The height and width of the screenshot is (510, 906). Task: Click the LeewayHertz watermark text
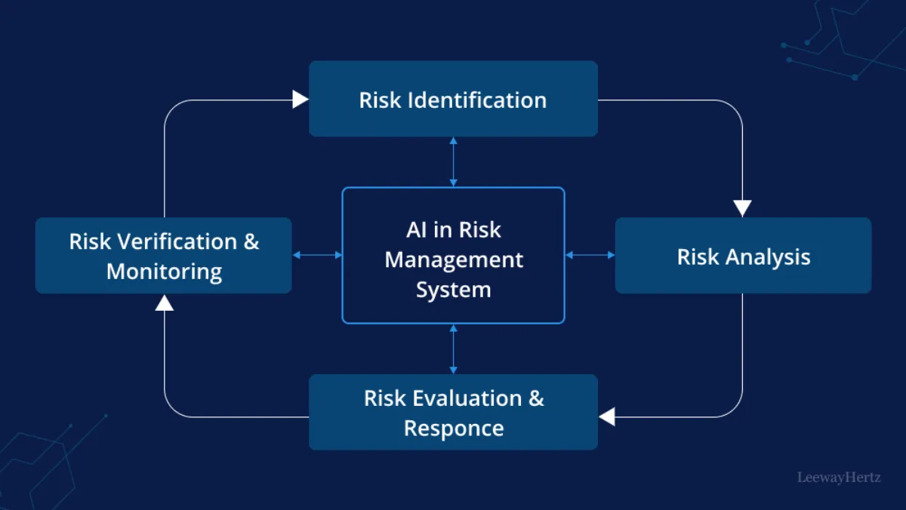(838, 478)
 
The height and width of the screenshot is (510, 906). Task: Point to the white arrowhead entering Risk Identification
(300, 100)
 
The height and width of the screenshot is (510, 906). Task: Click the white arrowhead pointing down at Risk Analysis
(742, 208)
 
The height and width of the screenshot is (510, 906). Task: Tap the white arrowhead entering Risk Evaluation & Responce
(607, 416)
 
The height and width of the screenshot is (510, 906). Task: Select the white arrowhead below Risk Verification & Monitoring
(165, 303)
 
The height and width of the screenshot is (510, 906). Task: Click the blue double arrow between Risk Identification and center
(453, 161)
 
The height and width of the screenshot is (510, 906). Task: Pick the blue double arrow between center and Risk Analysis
(590, 255)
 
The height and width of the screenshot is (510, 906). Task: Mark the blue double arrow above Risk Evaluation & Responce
(453, 349)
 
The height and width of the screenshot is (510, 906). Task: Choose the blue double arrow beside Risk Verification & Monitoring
(317, 255)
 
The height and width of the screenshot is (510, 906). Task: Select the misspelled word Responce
(454, 429)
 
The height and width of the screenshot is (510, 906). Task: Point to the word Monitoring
(164, 272)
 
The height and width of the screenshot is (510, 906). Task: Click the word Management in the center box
(454, 260)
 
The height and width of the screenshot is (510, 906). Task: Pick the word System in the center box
(454, 290)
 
